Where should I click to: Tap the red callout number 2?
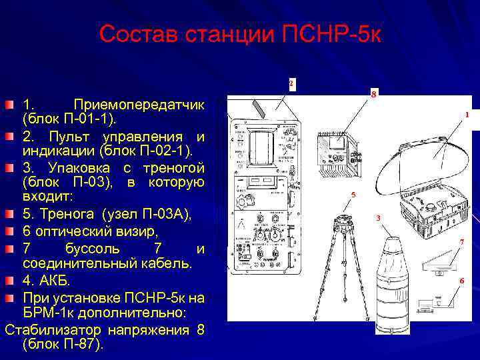coord(292,83)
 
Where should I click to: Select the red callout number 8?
coord(374,94)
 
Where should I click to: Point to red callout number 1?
coord(467,115)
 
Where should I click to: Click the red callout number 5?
coord(354,194)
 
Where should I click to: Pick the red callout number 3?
coord(378,218)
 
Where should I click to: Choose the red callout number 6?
coord(461,281)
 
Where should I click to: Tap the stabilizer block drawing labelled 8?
coord(342,151)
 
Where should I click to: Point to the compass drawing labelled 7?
coord(440,263)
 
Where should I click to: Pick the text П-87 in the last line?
coord(81,345)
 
